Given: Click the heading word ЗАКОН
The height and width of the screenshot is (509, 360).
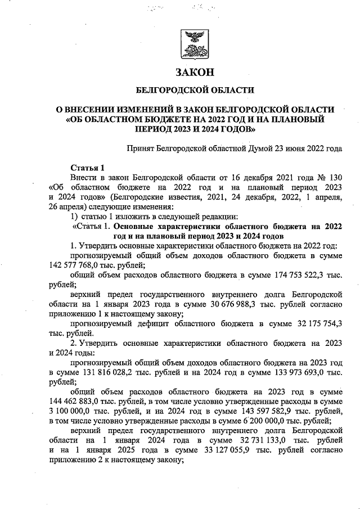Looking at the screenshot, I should tap(195, 73).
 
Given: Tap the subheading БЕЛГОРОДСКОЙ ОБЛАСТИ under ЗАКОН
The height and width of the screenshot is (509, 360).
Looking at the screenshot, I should tap(195, 90).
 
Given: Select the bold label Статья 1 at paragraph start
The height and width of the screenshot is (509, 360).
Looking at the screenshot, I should tap(88, 168).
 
